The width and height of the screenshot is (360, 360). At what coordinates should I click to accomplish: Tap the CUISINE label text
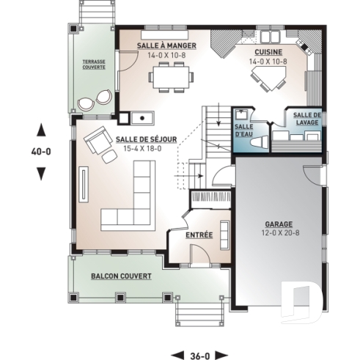click(x=268, y=53)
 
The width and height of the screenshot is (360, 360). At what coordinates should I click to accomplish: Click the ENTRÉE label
click(x=199, y=236)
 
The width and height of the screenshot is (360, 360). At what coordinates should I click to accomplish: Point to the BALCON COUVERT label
click(x=121, y=276)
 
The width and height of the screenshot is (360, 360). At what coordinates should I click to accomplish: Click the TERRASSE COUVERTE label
click(x=93, y=63)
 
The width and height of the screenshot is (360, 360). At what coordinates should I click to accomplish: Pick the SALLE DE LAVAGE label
click(x=306, y=120)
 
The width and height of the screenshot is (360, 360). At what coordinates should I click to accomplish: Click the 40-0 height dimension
click(x=41, y=153)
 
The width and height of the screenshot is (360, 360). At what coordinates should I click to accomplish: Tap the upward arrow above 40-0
click(x=41, y=131)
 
